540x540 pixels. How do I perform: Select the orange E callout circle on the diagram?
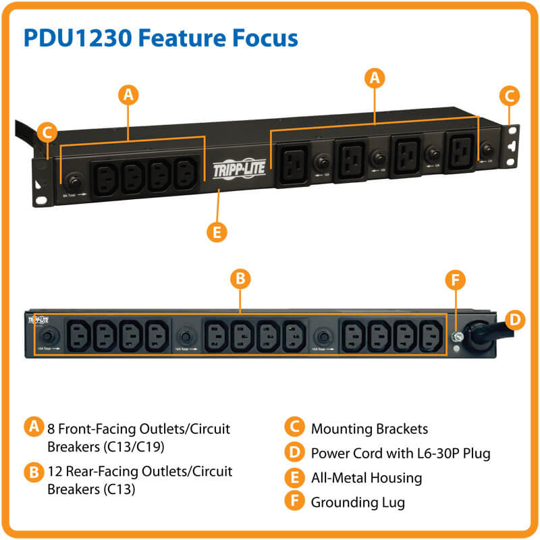point(217,232)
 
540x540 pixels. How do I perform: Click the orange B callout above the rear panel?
point(238,279)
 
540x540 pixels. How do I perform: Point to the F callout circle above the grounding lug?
point(457,279)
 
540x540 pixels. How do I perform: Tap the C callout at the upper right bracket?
point(511,96)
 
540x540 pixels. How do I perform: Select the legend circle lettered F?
point(294,502)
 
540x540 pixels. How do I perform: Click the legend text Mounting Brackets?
point(369,429)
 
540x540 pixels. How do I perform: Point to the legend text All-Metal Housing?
point(366,478)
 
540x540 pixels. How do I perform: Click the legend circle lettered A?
point(31,427)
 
